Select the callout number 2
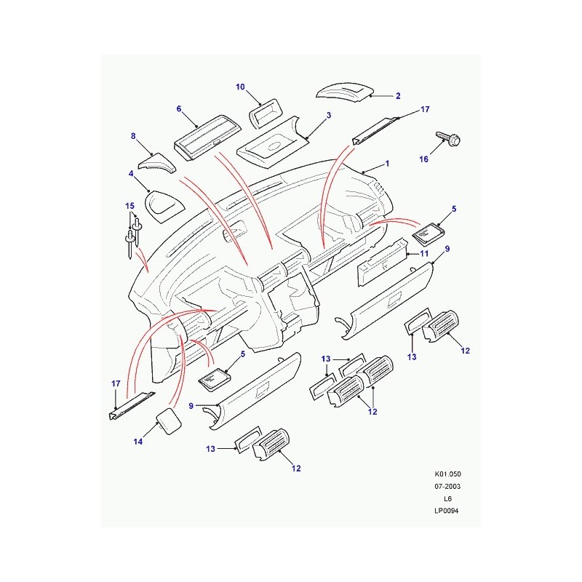pyautogui.click(x=398, y=95)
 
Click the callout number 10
pyautogui.click(x=241, y=87)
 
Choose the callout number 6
pyautogui.click(x=178, y=108)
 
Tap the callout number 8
pyautogui.click(x=133, y=136)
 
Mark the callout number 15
pyautogui.click(x=129, y=206)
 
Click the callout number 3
pyautogui.click(x=329, y=116)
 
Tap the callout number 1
pyautogui.click(x=387, y=164)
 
